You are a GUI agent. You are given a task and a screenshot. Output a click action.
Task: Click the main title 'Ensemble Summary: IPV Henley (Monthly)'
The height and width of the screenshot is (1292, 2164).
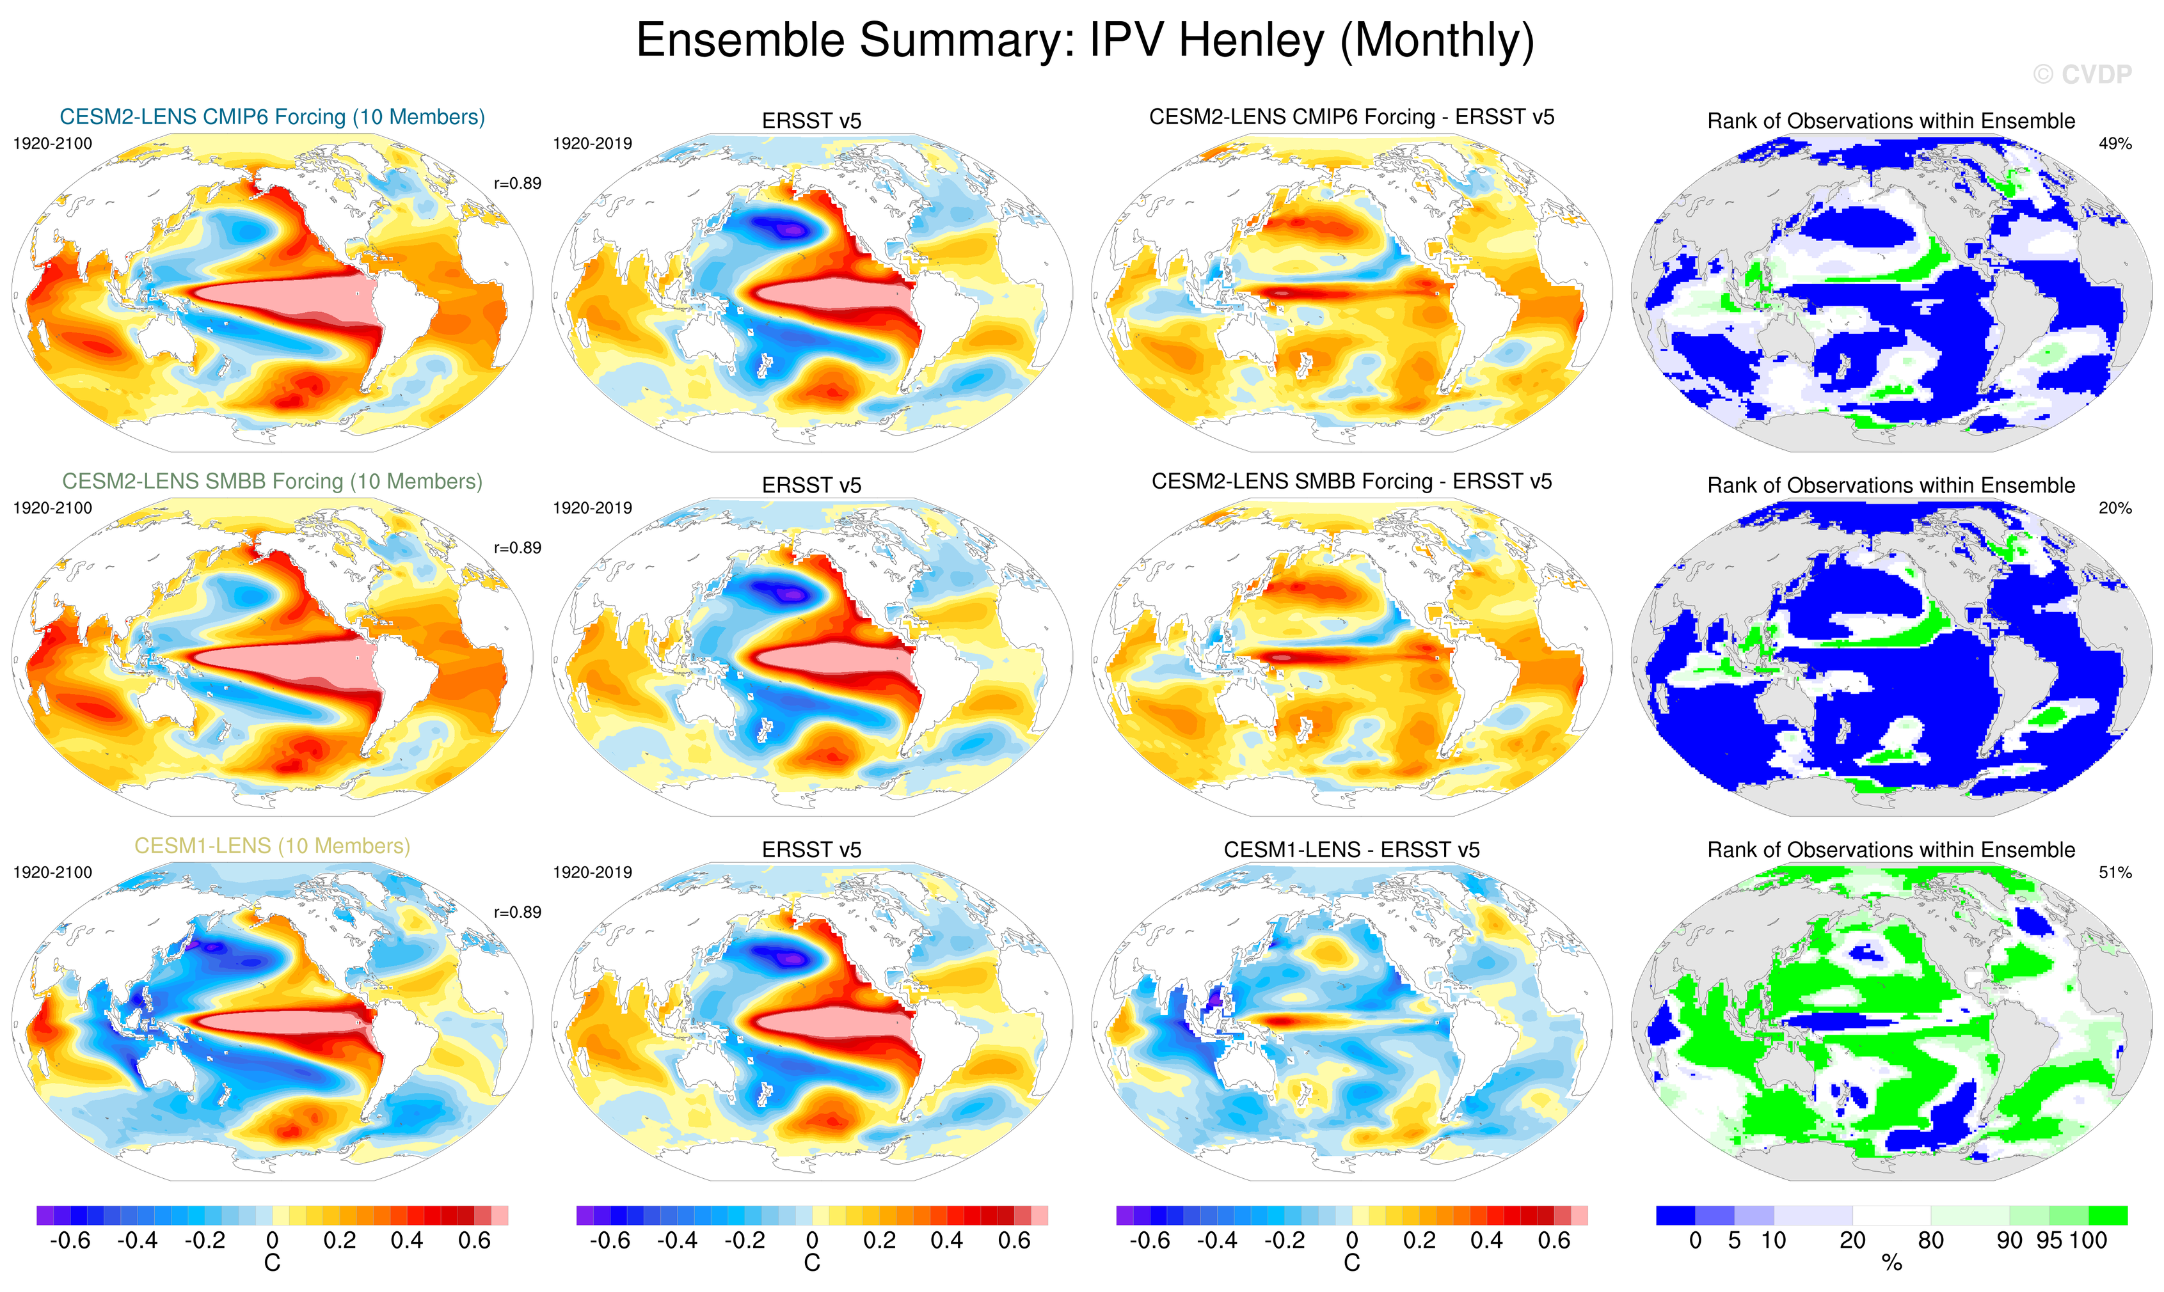pos(1084,41)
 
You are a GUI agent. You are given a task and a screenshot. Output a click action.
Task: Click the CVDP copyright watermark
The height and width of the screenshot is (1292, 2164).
pos(2082,75)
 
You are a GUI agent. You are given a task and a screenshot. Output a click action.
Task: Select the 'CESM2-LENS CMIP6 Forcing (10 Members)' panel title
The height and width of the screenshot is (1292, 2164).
pos(272,116)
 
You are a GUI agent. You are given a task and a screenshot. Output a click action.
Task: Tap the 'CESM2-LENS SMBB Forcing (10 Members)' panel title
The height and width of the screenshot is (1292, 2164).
pos(272,482)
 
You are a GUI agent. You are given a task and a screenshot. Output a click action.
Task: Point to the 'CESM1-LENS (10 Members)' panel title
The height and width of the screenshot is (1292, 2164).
pos(272,846)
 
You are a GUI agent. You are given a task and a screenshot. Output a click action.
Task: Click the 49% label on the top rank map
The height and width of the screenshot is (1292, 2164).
pos(2114,144)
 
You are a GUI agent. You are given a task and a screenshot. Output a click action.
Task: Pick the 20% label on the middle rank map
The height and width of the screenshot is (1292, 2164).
pos(2114,508)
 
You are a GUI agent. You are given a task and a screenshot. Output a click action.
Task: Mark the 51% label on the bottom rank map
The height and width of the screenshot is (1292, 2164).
pos(2114,872)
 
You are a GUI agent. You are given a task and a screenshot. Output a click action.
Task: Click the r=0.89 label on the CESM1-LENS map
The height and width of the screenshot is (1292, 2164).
pos(517,913)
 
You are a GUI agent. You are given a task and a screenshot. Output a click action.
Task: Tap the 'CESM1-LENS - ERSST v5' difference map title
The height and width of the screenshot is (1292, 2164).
pos(1351,850)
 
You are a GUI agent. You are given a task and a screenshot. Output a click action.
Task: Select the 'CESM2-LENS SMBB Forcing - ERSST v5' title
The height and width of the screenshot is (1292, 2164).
pos(1351,482)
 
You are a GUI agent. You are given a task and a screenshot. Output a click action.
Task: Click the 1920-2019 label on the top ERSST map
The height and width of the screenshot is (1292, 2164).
pos(592,144)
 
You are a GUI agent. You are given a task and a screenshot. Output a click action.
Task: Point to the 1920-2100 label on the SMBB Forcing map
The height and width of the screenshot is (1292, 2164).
pos(52,508)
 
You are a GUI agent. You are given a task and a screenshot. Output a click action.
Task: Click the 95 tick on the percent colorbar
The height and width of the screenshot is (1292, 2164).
pos(2049,1241)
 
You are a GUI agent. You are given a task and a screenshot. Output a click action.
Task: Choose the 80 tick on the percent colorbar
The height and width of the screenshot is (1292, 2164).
pos(1930,1241)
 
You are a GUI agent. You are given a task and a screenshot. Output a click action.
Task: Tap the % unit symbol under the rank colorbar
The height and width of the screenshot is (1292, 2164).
pos(1891,1264)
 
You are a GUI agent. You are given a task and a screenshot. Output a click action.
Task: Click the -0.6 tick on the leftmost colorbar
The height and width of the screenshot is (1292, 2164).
pos(70,1241)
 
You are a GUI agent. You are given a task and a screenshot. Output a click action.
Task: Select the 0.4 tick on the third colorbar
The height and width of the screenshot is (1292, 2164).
pos(1486,1241)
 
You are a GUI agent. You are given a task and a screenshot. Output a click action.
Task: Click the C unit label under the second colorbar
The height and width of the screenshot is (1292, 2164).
pos(811,1264)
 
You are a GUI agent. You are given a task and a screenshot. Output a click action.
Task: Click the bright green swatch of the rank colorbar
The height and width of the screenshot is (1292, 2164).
pos(2108,1215)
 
